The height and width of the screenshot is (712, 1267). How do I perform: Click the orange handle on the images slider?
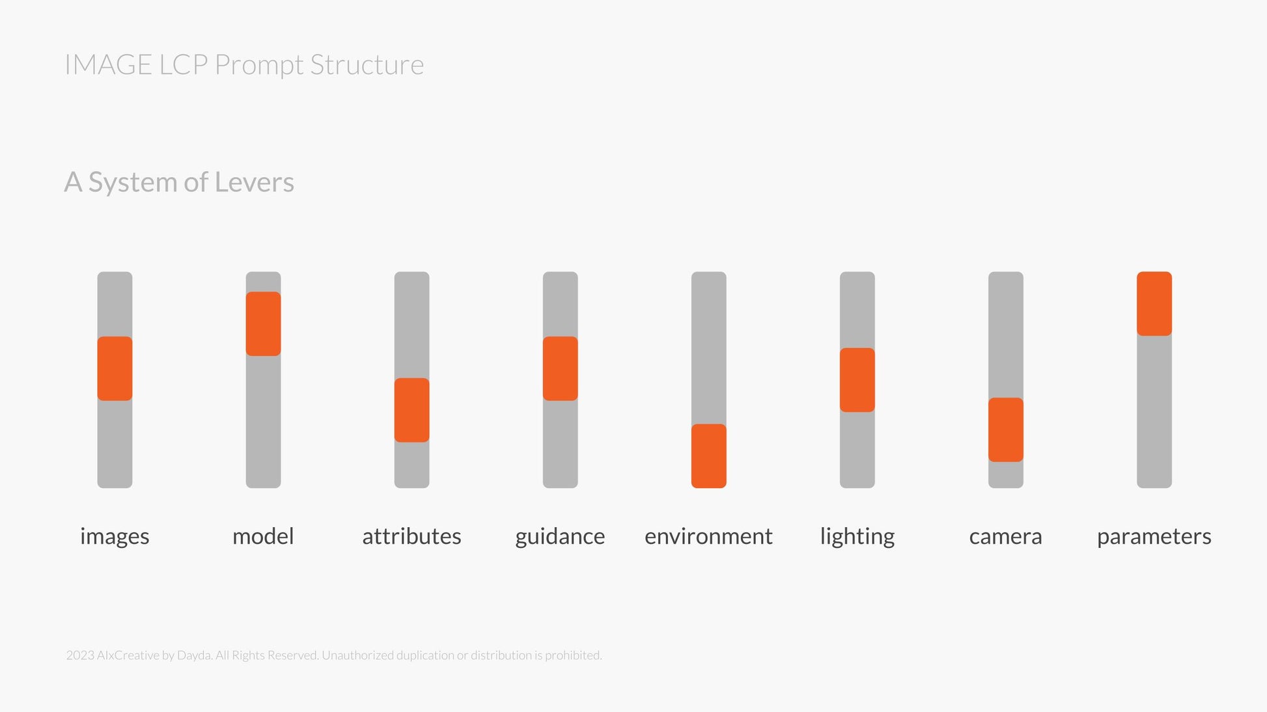pos(115,368)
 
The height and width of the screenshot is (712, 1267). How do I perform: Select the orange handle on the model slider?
pos(263,323)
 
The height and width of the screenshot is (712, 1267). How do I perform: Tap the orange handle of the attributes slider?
pos(411,410)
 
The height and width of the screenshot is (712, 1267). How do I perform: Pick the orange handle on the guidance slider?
pos(560,368)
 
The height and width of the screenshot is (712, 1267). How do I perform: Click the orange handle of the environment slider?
pos(708,456)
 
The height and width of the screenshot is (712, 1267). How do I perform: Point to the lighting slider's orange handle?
pos(857,380)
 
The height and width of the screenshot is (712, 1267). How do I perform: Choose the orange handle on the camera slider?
pos(1005,430)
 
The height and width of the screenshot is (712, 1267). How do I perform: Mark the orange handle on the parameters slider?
pos(1154,303)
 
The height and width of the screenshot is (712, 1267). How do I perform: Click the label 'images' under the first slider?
pos(115,537)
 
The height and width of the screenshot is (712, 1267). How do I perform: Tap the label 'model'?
pos(263,536)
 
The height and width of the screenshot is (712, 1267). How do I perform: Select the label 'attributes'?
pos(411,536)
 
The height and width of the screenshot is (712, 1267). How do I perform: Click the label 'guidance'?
pos(560,537)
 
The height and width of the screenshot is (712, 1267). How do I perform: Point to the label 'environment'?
pos(708,536)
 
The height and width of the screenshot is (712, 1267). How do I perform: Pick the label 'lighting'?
pos(857,537)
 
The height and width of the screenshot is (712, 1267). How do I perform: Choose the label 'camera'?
pos(1005,537)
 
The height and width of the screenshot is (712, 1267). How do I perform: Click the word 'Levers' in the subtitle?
pos(255,182)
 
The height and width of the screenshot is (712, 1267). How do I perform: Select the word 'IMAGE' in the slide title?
pos(109,65)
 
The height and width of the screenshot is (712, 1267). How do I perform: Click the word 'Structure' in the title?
pos(367,65)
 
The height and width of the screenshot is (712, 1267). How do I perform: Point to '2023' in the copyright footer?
pos(80,655)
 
